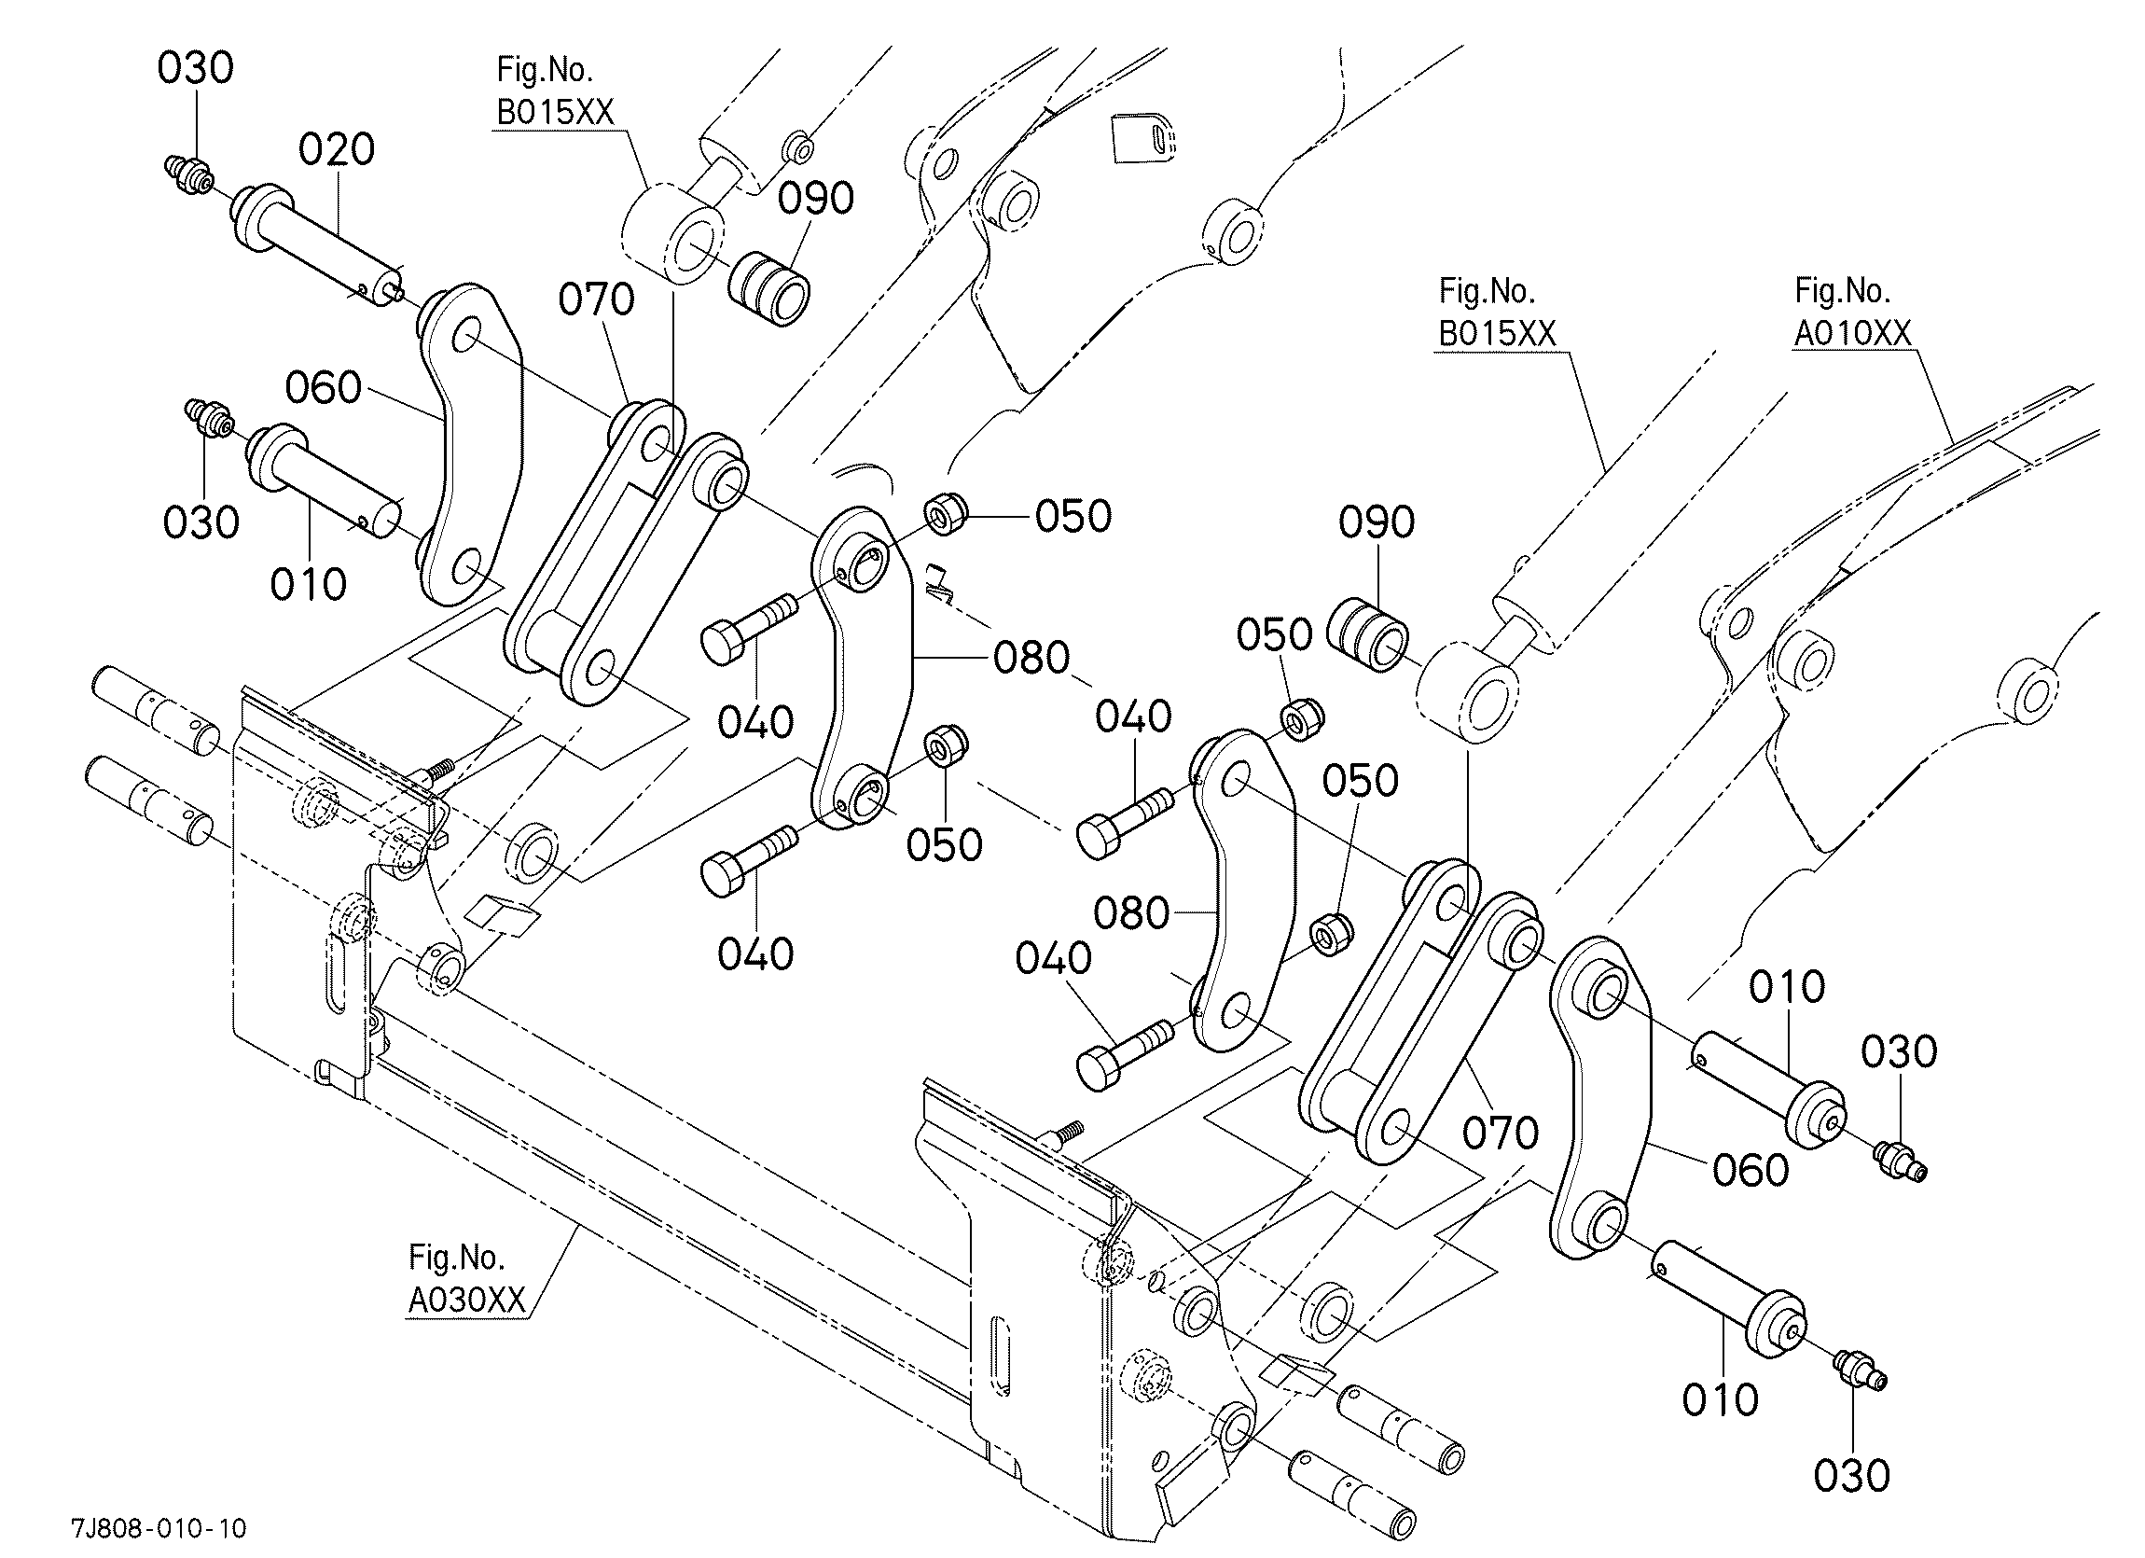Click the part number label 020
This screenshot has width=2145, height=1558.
337,149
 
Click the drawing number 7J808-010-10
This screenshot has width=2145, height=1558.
159,1529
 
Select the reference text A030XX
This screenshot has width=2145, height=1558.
466,1300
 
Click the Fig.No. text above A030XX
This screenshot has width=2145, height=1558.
456,1258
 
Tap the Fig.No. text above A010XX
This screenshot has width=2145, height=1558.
1842,290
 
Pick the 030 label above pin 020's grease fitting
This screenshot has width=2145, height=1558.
195,68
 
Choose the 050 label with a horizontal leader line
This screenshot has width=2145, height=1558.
1073,517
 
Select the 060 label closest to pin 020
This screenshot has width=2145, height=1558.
324,388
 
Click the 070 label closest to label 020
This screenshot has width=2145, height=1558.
596,299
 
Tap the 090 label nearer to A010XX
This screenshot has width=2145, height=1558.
1377,522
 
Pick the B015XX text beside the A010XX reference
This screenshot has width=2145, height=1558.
1497,333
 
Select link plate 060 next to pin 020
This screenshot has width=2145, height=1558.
471,445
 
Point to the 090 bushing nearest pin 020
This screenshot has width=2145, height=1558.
768,288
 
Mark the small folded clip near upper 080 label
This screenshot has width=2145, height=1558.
938,583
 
